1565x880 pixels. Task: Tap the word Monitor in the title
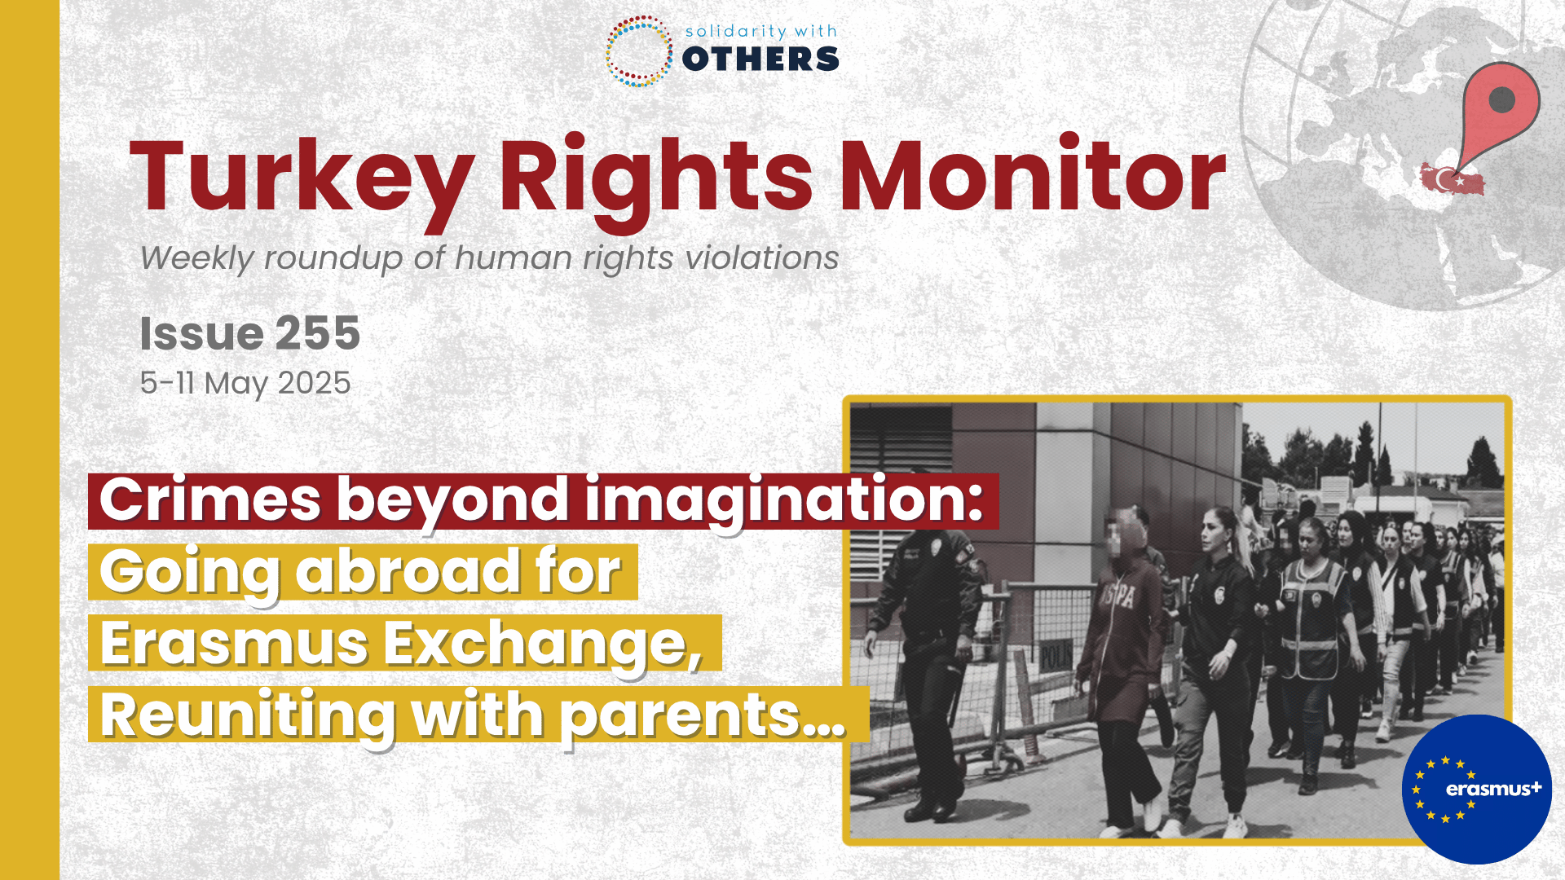click(1033, 174)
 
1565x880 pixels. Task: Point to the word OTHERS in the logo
click(760, 59)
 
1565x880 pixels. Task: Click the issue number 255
click(318, 333)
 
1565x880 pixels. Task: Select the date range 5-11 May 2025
click(245, 383)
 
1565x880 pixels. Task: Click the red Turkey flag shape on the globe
click(1452, 179)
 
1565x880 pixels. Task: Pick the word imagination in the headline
click(785, 499)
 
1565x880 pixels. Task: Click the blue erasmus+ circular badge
click(1477, 789)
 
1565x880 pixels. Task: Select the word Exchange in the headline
click(543, 644)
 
